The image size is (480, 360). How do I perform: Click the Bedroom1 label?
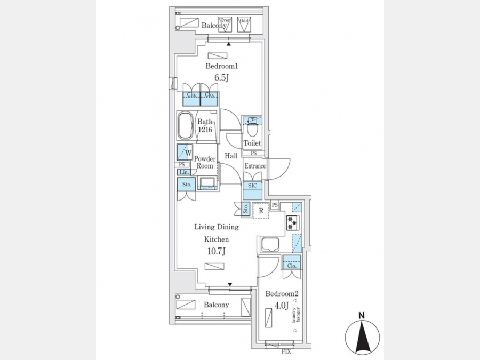coord(221,67)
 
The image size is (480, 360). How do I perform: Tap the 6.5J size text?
coord(221,78)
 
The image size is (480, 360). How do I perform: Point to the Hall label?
coord(231,156)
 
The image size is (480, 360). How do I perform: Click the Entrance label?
coord(255,166)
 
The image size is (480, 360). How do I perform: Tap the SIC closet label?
coord(252,185)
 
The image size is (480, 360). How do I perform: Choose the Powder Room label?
coord(204,162)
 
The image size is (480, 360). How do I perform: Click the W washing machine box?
coord(185,153)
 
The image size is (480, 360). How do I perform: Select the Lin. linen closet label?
coord(183,172)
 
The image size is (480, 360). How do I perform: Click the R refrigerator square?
coord(260,211)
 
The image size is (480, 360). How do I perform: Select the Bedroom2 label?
coord(282,294)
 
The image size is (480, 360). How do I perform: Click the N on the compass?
coord(361,315)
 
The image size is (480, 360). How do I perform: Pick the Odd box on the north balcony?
coord(244,25)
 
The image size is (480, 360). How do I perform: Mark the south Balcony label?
coord(216,305)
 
